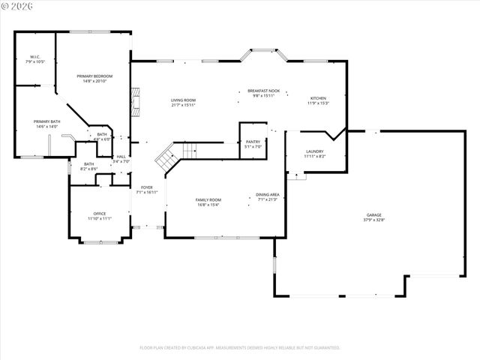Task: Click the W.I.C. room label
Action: pyautogui.click(x=34, y=57)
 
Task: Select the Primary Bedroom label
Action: pyautogui.click(x=94, y=76)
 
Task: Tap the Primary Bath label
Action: pyautogui.click(x=46, y=121)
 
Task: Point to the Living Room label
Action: pyautogui.click(x=183, y=100)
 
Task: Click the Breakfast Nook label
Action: pyautogui.click(x=262, y=91)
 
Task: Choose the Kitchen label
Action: pyautogui.click(x=319, y=97)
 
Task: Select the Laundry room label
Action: pyautogui.click(x=314, y=151)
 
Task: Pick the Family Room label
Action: pyautogui.click(x=208, y=199)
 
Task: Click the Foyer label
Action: pyautogui.click(x=146, y=187)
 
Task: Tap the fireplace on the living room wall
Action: pyautogui.click(x=135, y=103)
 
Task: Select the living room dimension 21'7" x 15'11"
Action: pyautogui.click(x=183, y=105)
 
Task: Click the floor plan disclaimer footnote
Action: pyautogui.click(x=240, y=347)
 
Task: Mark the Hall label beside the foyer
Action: pyautogui.click(x=121, y=157)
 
